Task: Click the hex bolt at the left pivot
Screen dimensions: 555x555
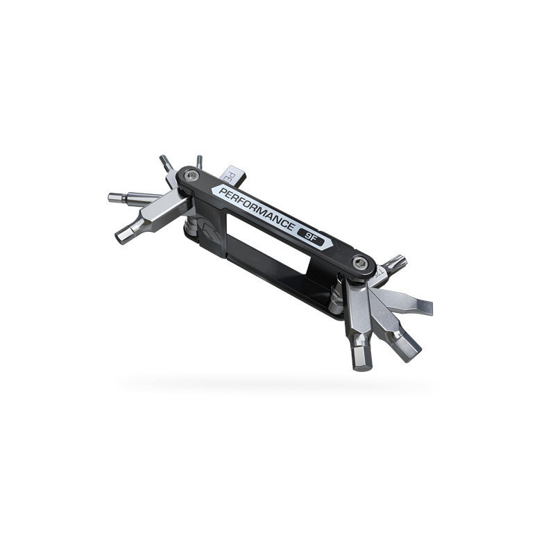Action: (194, 176)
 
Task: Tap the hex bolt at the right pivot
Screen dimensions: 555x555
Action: (359, 262)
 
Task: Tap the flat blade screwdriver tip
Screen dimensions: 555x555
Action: (425, 307)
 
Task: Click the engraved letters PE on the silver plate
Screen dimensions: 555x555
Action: (227, 172)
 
